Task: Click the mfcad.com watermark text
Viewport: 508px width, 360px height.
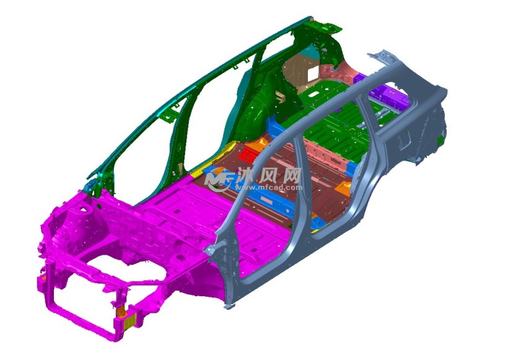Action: pos(269,187)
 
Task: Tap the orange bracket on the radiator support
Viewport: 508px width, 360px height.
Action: pos(121,312)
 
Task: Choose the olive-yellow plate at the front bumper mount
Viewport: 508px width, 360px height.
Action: pos(129,321)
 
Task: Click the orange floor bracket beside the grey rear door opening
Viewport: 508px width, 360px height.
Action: pos(343,188)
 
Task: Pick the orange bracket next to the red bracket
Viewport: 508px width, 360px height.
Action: pos(261,144)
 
